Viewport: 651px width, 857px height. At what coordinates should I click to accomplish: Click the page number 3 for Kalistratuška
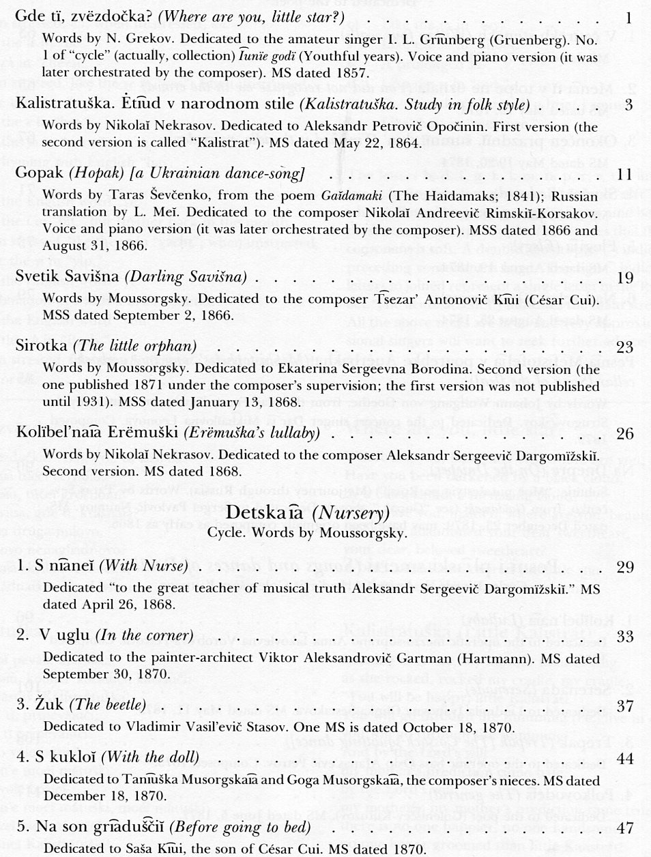tap(628, 105)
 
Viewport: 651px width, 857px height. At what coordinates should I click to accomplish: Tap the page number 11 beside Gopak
tap(624, 174)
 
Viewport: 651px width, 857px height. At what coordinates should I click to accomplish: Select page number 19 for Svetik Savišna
tap(624, 278)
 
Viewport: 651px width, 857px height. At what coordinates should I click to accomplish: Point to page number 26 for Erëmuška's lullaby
tap(624, 433)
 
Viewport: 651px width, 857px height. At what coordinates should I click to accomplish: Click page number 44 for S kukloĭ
tap(624, 757)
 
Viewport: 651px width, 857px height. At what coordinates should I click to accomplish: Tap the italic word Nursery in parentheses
tap(352, 512)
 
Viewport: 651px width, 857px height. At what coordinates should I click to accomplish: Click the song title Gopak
tap(35, 174)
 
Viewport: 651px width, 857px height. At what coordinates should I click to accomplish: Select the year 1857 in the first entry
tap(354, 70)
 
